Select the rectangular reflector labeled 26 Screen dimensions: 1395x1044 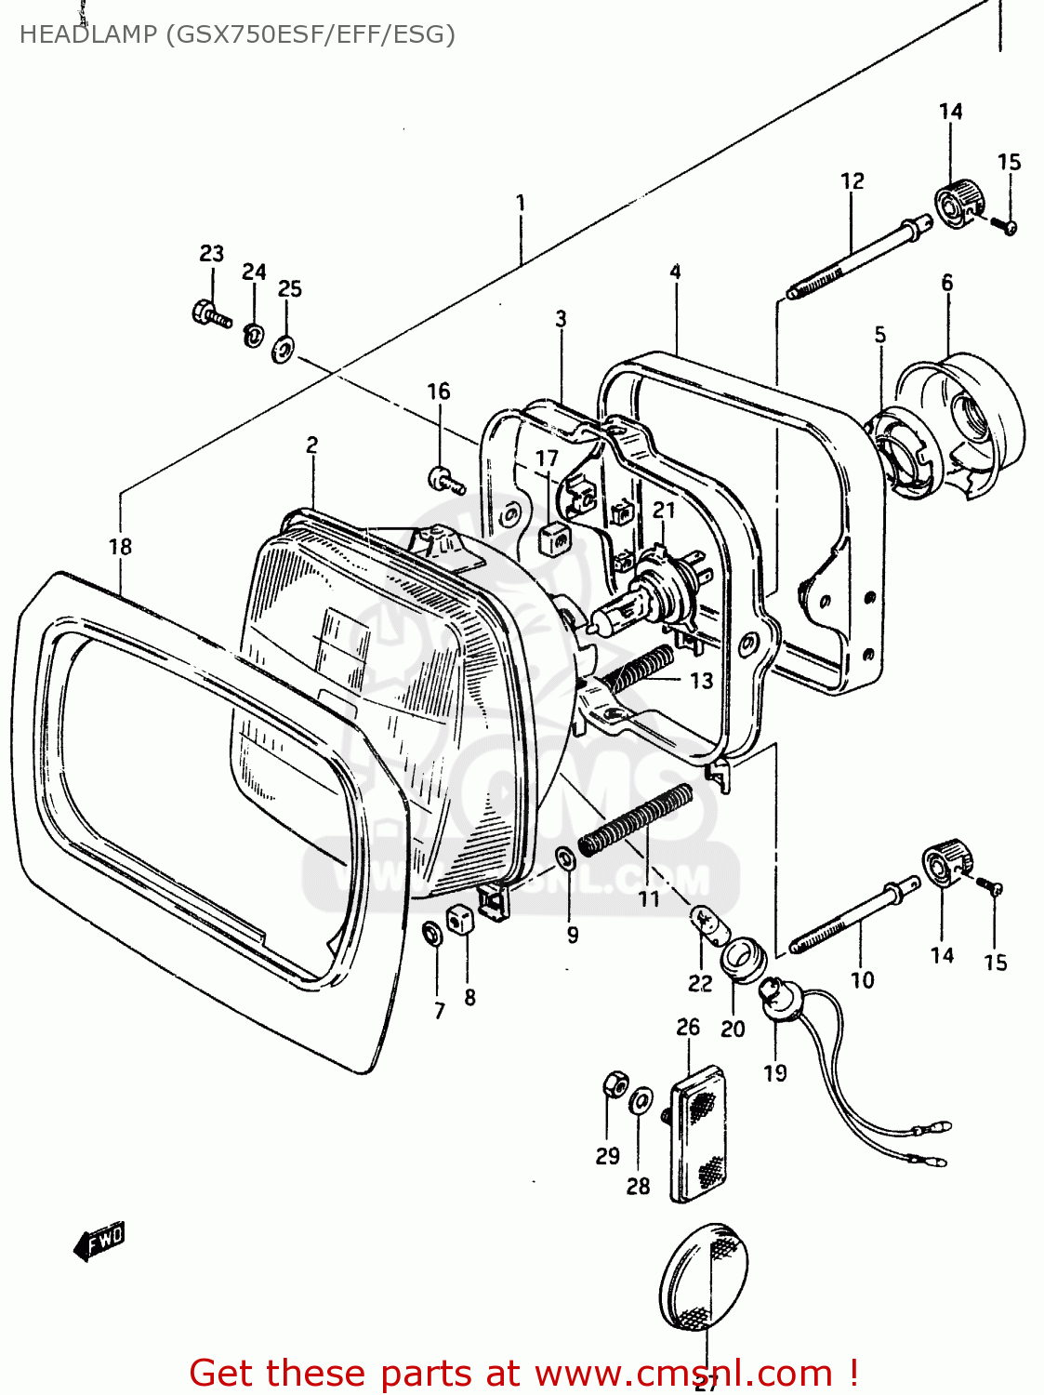[x=698, y=1135]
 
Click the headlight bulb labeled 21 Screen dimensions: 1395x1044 [x=650, y=595]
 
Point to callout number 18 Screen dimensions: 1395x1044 [x=120, y=547]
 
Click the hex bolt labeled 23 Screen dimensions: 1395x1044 [x=210, y=313]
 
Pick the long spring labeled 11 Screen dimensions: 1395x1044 [x=636, y=819]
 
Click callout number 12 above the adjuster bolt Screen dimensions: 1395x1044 [x=852, y=181]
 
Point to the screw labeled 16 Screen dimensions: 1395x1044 [x=444, y=480]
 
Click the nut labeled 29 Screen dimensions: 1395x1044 [x=615, y=1084]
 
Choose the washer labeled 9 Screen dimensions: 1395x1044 [x=564, y=856]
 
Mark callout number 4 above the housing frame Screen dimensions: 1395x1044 [x=675, y=272]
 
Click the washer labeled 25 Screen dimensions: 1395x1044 [x=284, y=350]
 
